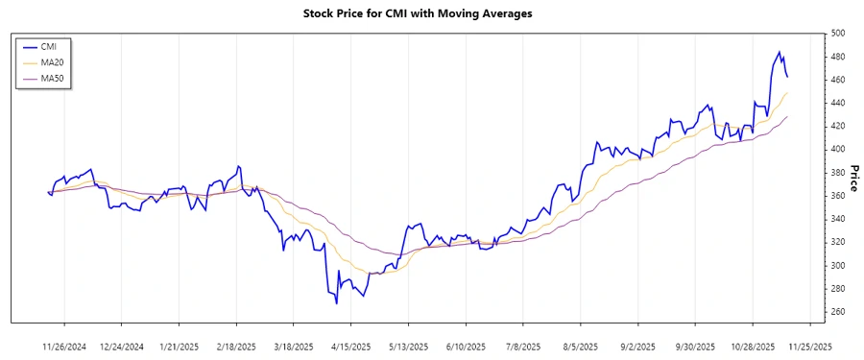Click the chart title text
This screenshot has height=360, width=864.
(x=431, y=14)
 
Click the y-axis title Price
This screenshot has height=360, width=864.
(x=851, y=178)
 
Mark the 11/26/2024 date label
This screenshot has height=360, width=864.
(x=66, y=347)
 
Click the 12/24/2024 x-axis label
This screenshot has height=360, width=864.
(x=122, y=347)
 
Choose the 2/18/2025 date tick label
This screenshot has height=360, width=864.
(x=236, y=347)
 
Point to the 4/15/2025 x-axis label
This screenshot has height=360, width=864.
(x=349, y=347)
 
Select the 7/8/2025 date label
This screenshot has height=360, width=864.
(x=520, y=347)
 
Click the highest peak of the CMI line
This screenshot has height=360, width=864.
(x=780, y=52)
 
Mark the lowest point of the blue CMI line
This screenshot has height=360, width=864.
(x=336, y=303)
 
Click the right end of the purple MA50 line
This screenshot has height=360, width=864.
(x=788, y=117)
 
